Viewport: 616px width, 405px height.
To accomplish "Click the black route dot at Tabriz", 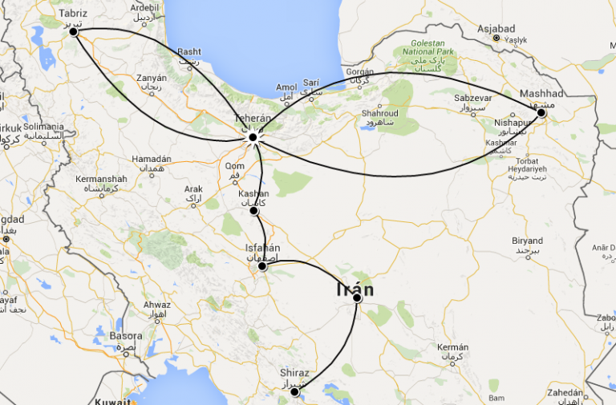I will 74,31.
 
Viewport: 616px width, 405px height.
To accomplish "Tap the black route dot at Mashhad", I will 541,113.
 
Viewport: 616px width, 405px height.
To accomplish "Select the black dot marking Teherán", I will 253,138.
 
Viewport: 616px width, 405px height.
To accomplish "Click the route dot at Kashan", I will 253,211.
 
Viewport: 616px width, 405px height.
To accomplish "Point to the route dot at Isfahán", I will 262,266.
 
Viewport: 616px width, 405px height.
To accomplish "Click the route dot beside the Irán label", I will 357,298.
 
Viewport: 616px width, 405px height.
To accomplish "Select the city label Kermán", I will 452,347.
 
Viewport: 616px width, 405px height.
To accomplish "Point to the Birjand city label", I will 529,241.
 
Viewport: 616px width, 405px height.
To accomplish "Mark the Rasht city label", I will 189,51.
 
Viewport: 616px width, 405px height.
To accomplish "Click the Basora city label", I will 126,336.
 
